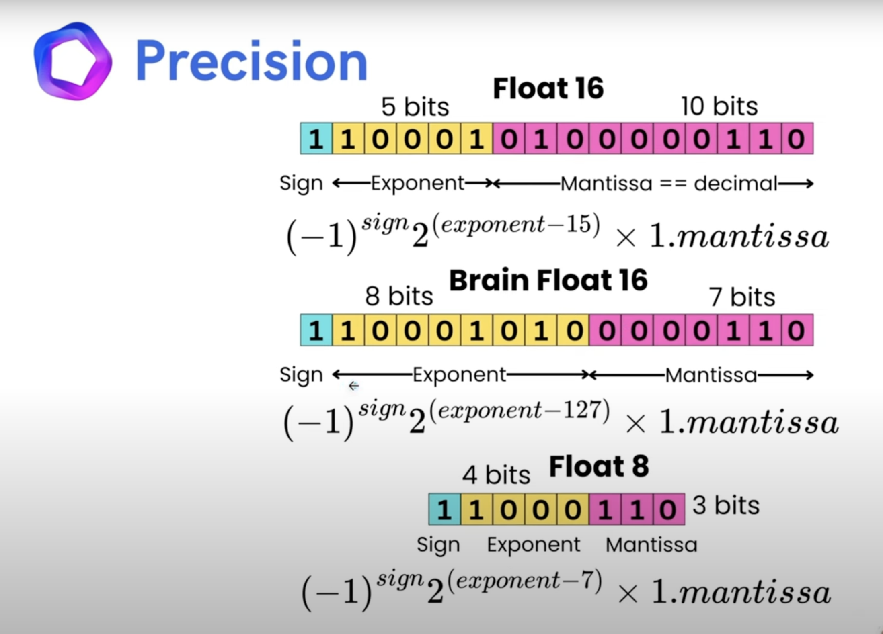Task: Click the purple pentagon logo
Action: tap(73, 61)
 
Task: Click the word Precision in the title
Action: tap(251, 61)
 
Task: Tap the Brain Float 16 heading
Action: tap(548, 280)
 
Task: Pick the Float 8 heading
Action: tap(599, 466)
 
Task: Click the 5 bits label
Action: tap(415, 107)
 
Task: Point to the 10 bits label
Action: tap(719, 106)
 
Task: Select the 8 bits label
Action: tap(399, 297)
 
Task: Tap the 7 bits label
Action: tap(741, 297)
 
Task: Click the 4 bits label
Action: tap(496, 475)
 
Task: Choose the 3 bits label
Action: tap(726, 505)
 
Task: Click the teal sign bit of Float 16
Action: tap(316, 139)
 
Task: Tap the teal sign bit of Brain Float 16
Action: tap(316, 331)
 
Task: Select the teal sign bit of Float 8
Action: tap(444, 509)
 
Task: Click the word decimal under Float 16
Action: tap(735, 184)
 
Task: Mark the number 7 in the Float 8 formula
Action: tap(587, 580)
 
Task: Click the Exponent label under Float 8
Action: tap(534, 545)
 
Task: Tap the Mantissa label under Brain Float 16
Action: tap(711, 376)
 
